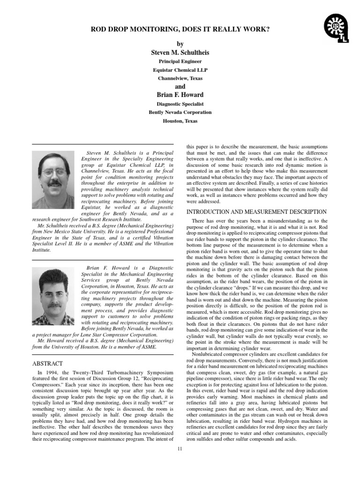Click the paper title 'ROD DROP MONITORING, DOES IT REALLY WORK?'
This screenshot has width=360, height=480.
point(180,30)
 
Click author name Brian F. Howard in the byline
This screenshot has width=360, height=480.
point(180,95)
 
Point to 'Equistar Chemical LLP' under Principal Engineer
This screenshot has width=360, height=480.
point(180,70)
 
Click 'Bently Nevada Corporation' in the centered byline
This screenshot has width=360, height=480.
point(180,112)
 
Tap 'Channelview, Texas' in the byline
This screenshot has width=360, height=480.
point(180,79)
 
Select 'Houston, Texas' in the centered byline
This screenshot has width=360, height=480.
point(180,121)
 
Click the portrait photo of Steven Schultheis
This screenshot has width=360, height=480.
point(53,180)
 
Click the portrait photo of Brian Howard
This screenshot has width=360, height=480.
point(53,296)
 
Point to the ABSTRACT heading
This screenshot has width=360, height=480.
point(47,363)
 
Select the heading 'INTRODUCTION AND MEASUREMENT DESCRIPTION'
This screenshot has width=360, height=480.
point(256,212)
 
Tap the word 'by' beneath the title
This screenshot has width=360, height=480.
point(180,44)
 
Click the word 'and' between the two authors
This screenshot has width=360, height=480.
point(180,87)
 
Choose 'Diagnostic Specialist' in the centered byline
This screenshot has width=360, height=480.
point(180,104)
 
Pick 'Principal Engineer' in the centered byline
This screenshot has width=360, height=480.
point(180,61)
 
